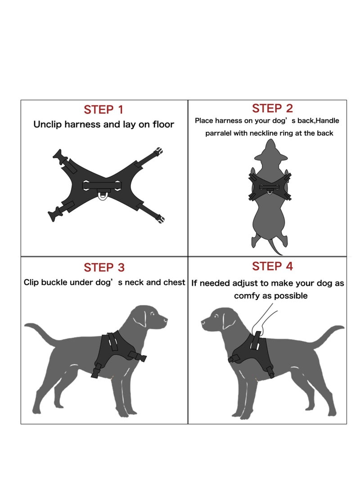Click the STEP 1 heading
click(103, 110)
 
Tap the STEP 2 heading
click(272, 108)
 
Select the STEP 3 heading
click(103, 268)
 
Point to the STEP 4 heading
click(272, 266)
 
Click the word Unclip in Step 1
click(47, 125)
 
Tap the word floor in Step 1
click(162, 125)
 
